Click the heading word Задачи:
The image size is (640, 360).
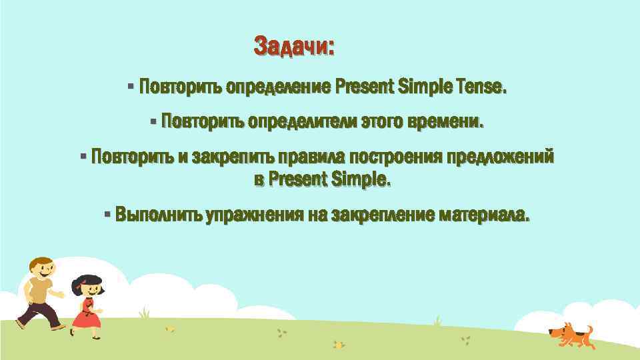(x=294, y=47)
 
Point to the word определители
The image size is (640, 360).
(x=302, y=123)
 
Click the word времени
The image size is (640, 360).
(x=451, y=123)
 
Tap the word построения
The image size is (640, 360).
(x=395, y=158)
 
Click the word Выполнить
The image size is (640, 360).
(x=158, y=215)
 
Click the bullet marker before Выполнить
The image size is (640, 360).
(x=107, y=215)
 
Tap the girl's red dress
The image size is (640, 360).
(x=85, y=315)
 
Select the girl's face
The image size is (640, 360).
(x=91, y=289)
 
